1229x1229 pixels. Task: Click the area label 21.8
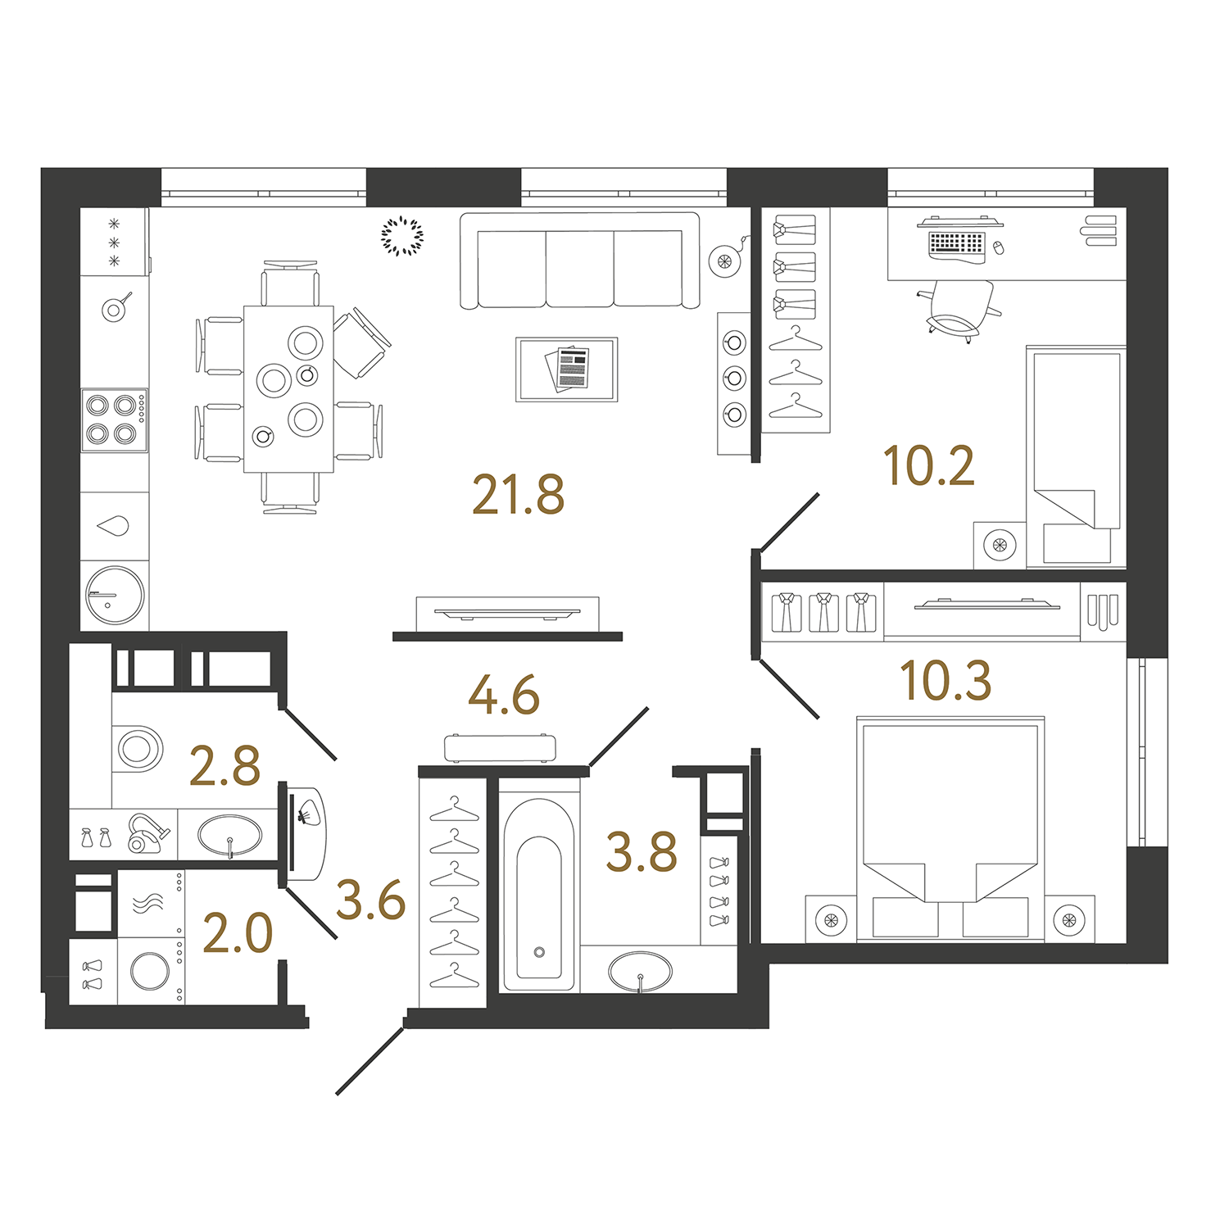519,495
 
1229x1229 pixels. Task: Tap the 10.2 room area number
929,466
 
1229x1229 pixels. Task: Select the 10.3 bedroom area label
946,681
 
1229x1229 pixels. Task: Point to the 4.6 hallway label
504,695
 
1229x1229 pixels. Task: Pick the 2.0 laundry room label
238,934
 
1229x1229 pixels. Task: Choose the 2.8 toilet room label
224,766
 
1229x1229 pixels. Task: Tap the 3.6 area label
371,900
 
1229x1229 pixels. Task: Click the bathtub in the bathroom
539,894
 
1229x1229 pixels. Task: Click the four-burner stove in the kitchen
115,419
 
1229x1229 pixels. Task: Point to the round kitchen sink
116,596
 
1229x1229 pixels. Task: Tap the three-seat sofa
580,261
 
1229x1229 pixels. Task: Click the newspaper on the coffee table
568,369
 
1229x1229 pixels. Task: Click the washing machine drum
151,972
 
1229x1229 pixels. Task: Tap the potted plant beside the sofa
402,236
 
